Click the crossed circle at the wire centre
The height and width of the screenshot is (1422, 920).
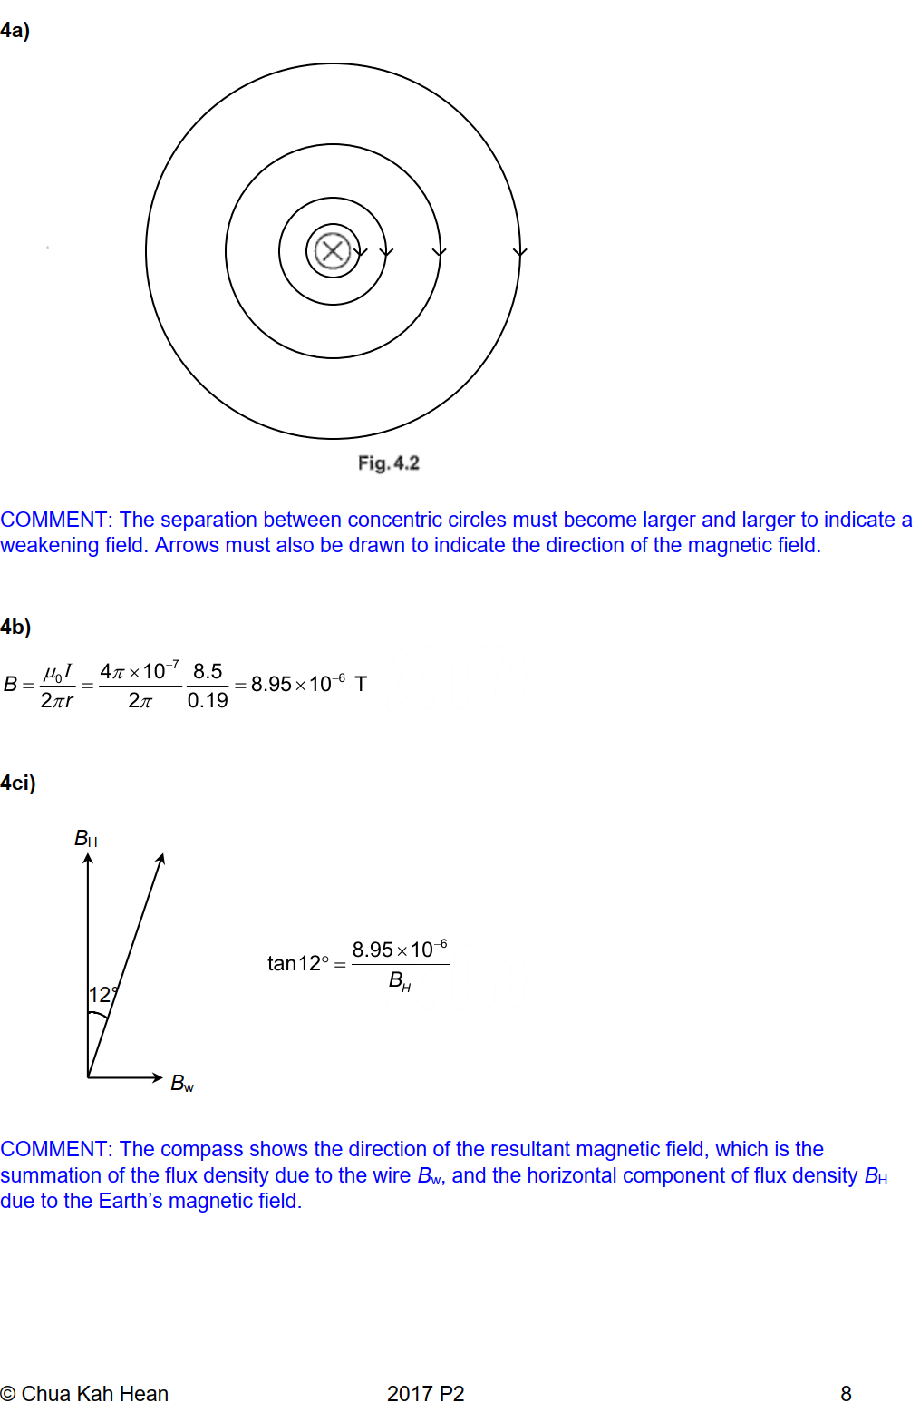click(333, 251)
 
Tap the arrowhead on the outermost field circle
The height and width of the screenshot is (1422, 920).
click(519, 252)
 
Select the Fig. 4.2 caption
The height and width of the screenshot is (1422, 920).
click(388, 463)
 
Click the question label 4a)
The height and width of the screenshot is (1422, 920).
click(15, 31)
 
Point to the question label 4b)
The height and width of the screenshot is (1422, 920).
click(16, 627)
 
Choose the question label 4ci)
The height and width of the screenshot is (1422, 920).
click(18, 783)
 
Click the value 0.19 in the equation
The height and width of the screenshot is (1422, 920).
click(208, 700)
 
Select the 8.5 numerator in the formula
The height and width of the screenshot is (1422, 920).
click(208, 671)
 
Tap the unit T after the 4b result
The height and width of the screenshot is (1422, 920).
click(361, 684)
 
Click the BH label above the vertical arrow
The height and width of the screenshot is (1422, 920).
click(85, 839)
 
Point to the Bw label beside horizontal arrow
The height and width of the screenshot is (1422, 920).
click(182, 1083)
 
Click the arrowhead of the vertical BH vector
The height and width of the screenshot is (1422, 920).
click(88, 859)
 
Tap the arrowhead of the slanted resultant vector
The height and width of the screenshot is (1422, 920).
click(161, 859)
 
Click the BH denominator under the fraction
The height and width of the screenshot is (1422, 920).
click(400, 980)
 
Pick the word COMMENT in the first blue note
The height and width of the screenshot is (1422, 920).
click(54, 520)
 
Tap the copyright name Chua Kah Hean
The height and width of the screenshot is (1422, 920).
click(94, 1394)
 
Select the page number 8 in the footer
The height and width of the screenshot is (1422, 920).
click(846, 1394)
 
